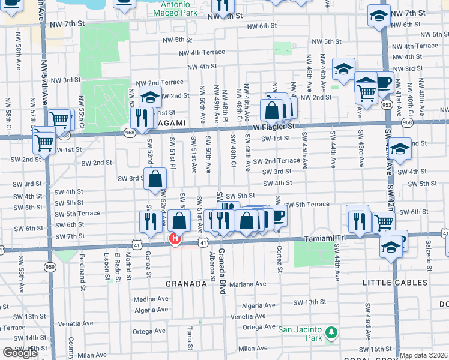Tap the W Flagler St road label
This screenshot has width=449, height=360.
[x=274, y=127]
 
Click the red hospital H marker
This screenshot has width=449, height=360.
[x=175, y=240]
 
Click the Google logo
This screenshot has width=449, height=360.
[x=20, y=353]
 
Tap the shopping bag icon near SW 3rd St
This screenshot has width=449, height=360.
[x=155, y=178]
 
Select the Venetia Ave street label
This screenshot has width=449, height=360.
[x=248, y=316]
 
